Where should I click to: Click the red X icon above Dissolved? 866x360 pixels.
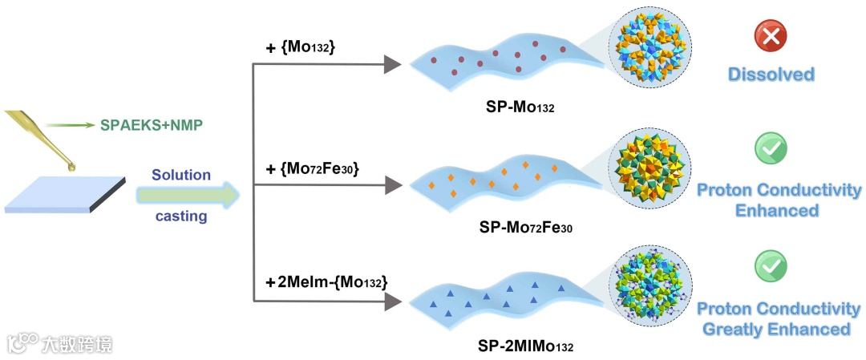771,36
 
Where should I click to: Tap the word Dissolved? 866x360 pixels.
771,75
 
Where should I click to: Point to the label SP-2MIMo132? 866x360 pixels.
527,346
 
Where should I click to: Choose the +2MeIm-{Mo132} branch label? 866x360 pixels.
327,282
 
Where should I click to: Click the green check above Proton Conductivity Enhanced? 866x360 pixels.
771,148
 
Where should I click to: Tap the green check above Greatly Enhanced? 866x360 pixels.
771,264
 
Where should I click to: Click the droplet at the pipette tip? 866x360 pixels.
74,167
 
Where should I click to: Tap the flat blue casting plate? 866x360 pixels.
64,193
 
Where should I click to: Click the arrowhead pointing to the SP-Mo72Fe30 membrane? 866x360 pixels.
391,185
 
